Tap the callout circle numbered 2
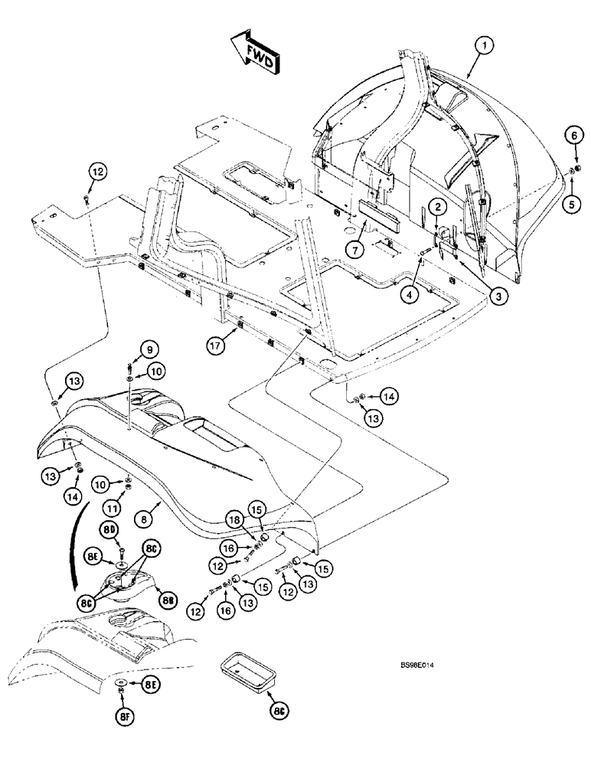tap(437, 207)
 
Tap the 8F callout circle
tap(122, 716)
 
